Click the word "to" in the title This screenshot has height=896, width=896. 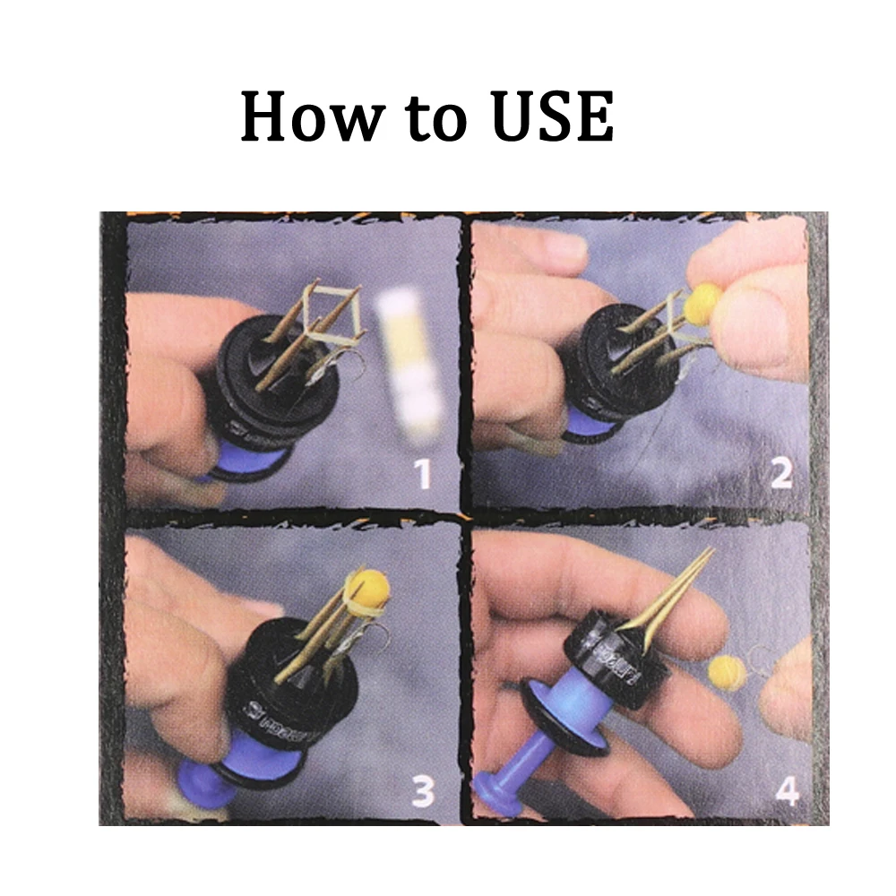pos(427,118)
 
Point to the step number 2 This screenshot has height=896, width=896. pos(781,472)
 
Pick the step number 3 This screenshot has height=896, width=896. pos(422,789)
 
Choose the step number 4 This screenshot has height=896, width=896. pos(786,790)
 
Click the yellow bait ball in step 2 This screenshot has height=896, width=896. pos(704,304)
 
